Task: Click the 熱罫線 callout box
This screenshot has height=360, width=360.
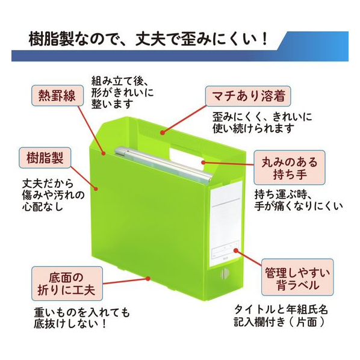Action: (x=57, y=96)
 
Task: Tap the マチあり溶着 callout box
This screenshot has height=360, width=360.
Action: (x=248, y=96)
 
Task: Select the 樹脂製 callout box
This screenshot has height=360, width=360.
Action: (x=45, y=158)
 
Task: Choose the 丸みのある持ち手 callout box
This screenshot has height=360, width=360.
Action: (x=290, y=168)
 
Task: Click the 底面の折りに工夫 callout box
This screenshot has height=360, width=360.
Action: (x=67, y=284)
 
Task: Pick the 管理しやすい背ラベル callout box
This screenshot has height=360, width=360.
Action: (x=297, y=278)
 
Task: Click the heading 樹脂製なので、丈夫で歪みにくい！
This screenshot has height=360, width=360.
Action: (x=148, y=39)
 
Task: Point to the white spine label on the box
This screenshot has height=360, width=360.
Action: (x=226, y=223)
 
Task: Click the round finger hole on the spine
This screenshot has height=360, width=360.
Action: (x=224, y=274)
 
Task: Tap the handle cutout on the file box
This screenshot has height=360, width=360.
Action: (x=186, y=156)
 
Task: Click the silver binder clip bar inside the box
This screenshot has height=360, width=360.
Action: (x=164, y=164)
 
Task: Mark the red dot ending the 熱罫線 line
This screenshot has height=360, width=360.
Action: (x=104, y=153)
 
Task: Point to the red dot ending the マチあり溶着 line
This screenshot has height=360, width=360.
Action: (x=163, y=132)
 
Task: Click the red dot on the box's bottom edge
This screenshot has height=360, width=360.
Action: (x=148, y=279)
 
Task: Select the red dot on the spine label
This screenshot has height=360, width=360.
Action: (x=236, y=250)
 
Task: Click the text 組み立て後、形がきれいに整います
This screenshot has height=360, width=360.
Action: (x=122, y=92)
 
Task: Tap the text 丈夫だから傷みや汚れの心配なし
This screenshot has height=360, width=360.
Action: (x=53, y=195)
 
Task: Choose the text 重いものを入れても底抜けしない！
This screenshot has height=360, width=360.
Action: (x=82, y=318)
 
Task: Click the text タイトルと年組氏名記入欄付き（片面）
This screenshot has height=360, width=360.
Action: (x=281, y=315)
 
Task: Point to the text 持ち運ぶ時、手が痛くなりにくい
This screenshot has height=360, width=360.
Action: (x=299, y=200)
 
